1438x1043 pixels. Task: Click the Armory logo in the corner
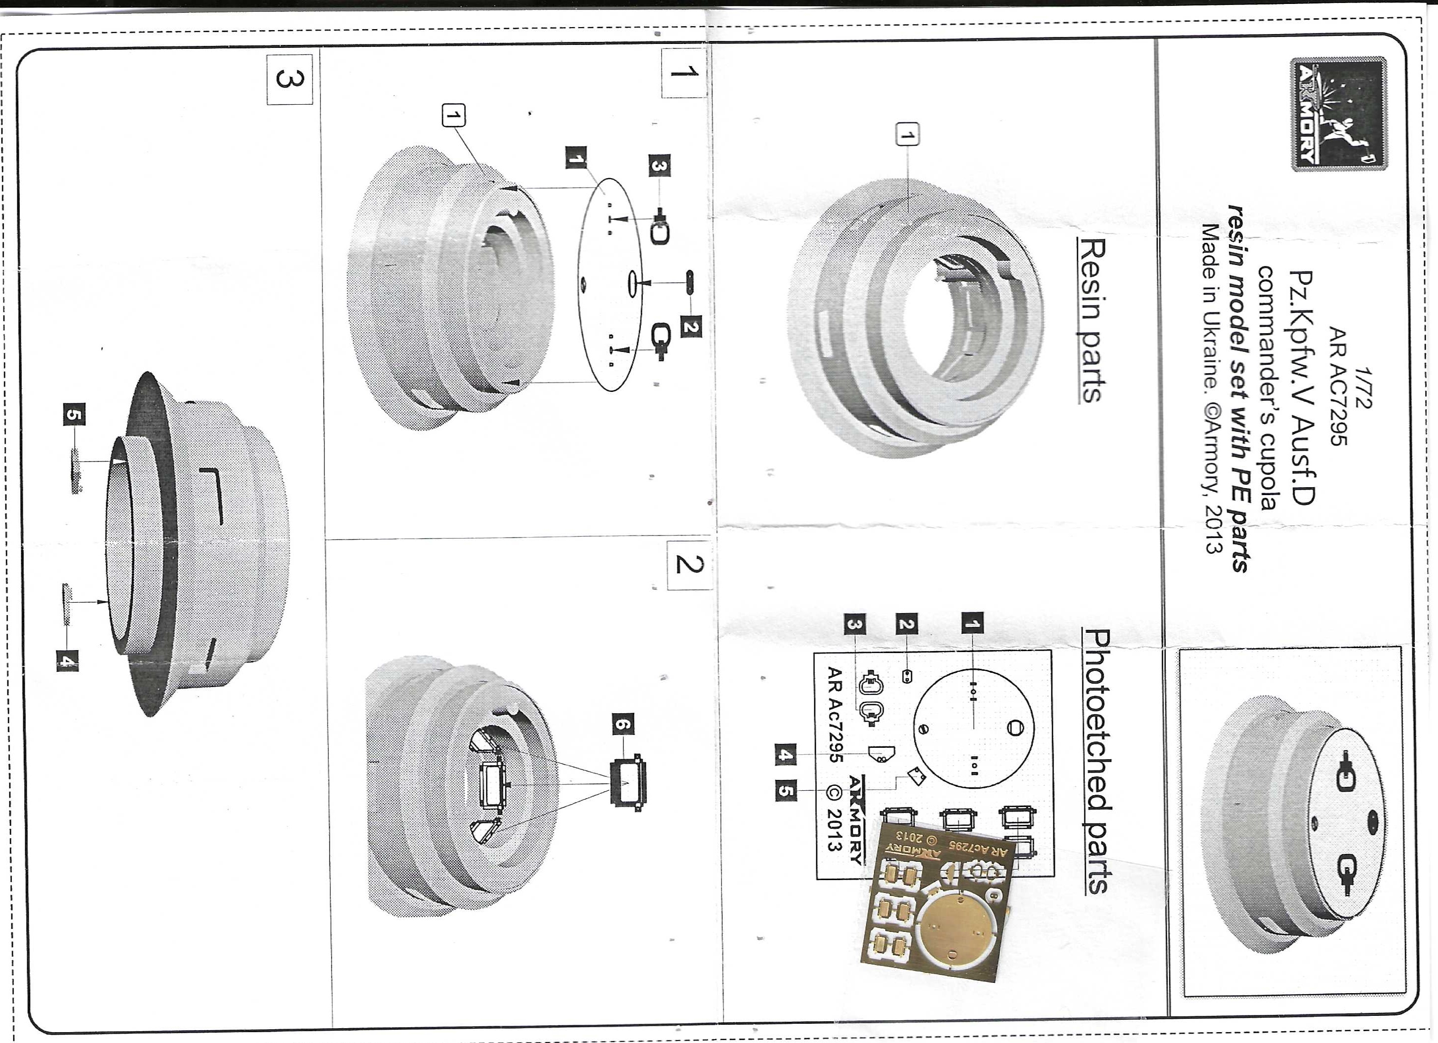pos(1338,114)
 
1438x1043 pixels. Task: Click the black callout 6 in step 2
pos(623,724)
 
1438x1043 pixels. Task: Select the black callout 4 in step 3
pos(67,661)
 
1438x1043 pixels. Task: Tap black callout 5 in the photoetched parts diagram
pos(786,790)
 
